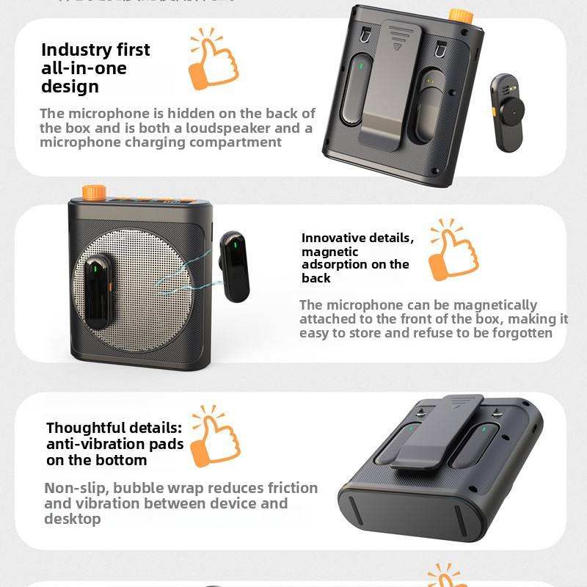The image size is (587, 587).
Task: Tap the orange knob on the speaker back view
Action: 460,15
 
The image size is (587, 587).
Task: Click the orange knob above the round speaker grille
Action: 94,192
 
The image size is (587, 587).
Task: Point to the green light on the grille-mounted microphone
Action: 92,269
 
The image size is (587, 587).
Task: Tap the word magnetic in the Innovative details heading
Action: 330,252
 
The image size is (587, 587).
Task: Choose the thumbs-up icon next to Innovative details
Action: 453,252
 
